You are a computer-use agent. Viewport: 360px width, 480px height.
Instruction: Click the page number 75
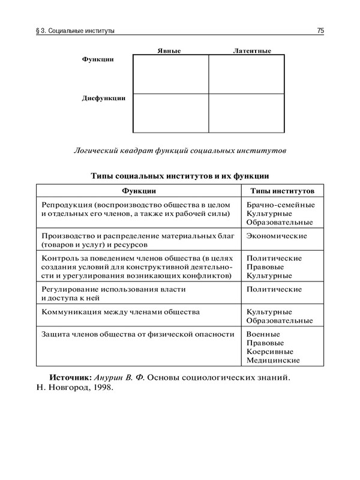pyautogui.click(x=320, y=30)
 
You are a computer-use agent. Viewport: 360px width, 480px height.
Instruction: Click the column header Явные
pyautogui.click(x=169, y=51)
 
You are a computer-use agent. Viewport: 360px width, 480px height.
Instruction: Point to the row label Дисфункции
pyautogui.click(x=103, y=98)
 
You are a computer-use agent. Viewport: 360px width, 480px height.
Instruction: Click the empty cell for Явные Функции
pyautogui.click(x=170, y=74)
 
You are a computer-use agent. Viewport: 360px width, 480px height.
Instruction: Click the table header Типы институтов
pyautogui.click(x=281, y=190)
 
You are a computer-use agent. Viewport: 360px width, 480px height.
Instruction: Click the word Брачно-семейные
pyautogui.click(x=280, y=205)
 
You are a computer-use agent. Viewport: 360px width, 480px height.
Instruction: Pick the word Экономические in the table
pyautogui.click(x=277, y=236)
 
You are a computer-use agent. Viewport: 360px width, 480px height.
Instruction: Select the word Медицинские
pyautogui.click(x=273, y=361)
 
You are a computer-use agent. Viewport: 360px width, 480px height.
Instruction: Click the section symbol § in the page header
pyautogui.click(x=39, y=30)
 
